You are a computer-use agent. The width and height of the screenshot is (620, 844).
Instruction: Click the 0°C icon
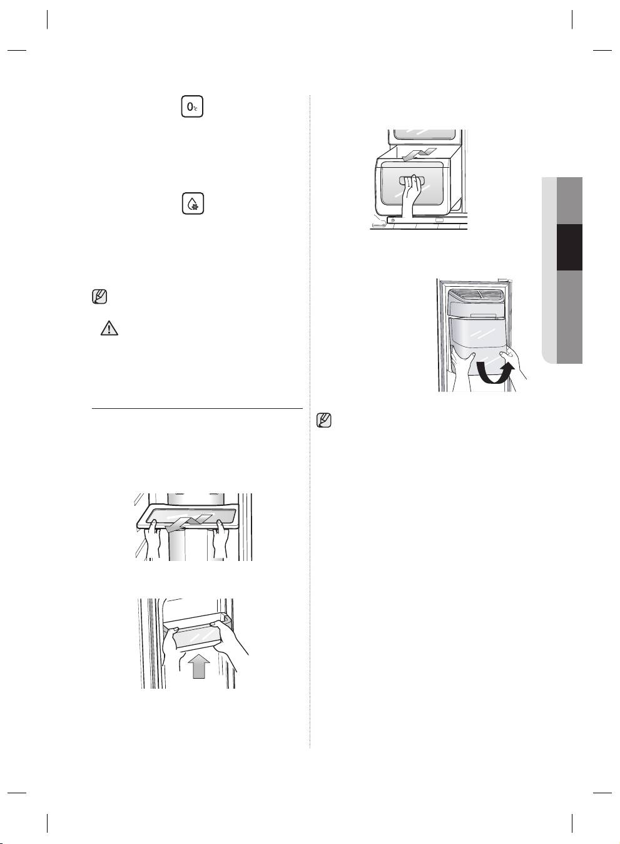click(192, 106)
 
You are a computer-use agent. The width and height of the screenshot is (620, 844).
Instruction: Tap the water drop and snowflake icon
click(193, 203)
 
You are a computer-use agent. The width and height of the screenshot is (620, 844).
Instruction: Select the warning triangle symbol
click(109, 328)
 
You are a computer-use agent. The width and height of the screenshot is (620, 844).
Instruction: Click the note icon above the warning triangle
click(99, 297)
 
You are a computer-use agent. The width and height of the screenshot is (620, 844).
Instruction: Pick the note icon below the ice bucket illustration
click(323, 420)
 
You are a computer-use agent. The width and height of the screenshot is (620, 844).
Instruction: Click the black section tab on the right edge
click(569, 247)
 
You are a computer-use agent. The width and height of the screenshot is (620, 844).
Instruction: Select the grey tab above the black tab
click(569, 200)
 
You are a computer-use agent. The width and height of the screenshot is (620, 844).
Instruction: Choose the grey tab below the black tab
click(569, 317)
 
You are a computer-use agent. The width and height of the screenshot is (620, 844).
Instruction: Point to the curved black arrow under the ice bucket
click(494, 373)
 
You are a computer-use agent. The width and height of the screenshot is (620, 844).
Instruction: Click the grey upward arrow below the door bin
click(199, 666)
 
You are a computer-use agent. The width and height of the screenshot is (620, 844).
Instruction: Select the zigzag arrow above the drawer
click(419, 154)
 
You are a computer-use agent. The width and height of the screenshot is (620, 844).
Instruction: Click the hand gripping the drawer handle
click(411, 195)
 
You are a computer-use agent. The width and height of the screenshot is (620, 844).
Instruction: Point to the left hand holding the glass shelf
click(153, 539)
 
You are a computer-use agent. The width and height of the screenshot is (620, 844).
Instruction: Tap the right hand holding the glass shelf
click(220, 539)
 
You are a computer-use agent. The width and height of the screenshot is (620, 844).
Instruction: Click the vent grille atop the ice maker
click(478, 295)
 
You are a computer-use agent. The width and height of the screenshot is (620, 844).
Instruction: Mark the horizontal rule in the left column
click(197, 408)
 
